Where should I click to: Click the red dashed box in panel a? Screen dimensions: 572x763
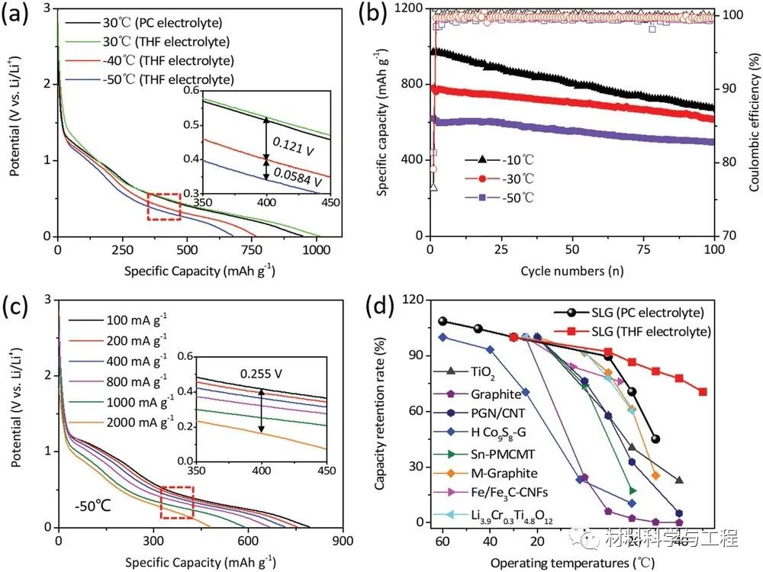[x=164, y=207]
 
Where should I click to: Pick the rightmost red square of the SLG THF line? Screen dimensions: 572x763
[x=703, y=392]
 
